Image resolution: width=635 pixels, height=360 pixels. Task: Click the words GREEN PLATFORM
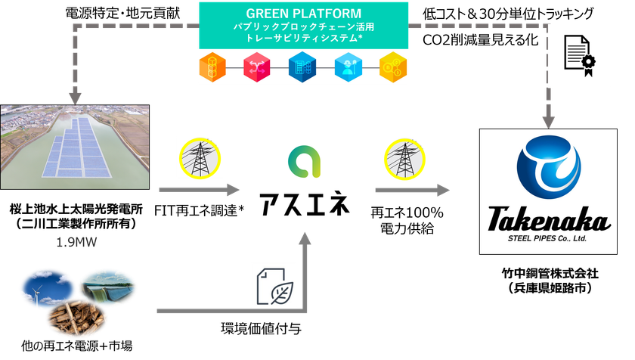[x=304, y=13]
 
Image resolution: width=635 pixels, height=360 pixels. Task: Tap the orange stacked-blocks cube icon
[x=212, y=66]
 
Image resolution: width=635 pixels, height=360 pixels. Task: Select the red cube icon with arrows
[x=257, y=66]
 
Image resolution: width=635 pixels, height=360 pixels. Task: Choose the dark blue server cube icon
[x=303, y=66]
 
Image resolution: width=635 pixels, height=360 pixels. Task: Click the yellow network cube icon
[x=394, y=66]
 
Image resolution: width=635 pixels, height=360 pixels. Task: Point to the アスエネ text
[x=304, y=202]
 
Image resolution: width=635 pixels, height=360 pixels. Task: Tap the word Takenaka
[x=549, y=222]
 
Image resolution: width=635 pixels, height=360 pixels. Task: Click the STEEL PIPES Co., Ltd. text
[x=549, y=240]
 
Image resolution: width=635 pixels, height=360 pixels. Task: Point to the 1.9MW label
[x=76, y=244]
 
